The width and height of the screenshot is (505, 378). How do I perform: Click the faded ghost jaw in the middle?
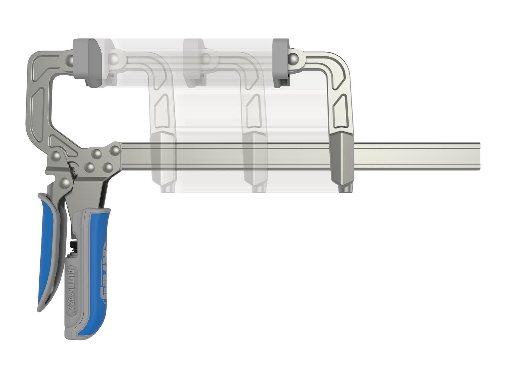(254, 115)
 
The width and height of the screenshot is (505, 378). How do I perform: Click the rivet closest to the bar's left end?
(114, 149)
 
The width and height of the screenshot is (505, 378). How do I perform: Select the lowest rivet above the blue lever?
(65, 183)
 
